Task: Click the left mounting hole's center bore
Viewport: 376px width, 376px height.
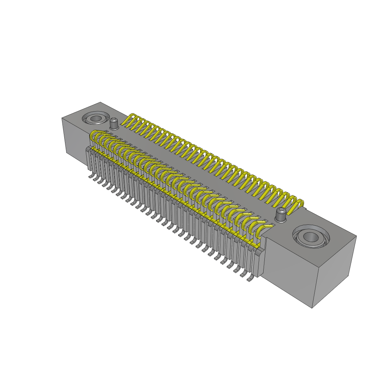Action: point(96,119)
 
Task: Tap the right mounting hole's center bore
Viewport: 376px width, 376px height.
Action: point(310,237)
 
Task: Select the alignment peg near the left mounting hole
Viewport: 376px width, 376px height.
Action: point(114,124)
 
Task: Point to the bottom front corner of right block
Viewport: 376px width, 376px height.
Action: point(312,308)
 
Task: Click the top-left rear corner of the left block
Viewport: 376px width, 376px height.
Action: point(62,118)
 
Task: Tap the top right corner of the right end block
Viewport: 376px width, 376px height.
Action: point(356,236)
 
